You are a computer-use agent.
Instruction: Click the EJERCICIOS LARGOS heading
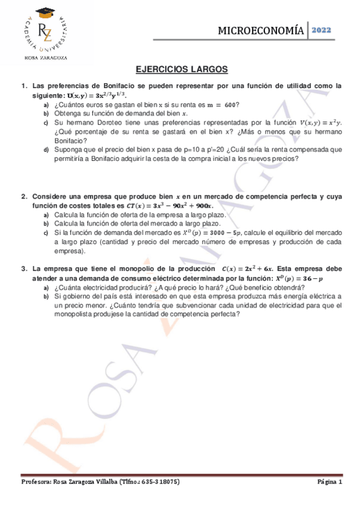(x=182, y=70)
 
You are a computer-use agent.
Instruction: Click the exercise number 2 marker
(x=24, y=197)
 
